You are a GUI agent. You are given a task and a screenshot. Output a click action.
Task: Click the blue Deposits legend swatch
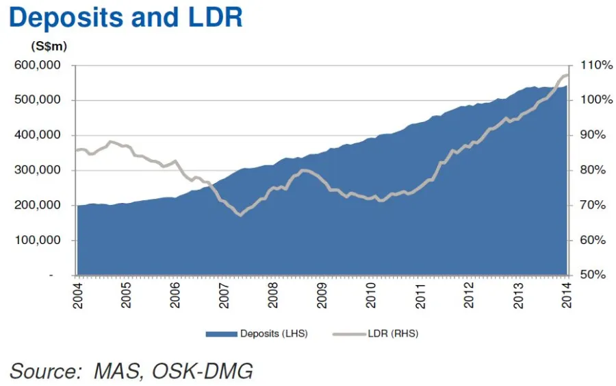[x=221, y=334]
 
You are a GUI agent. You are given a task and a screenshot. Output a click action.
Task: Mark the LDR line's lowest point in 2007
[x=240, y=215]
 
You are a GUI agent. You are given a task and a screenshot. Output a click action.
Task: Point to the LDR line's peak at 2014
[x=566, y=75]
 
